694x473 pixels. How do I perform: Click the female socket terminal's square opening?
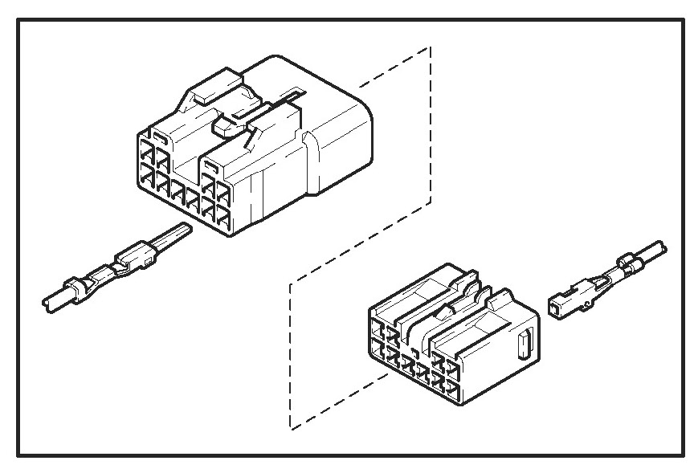(553, 306)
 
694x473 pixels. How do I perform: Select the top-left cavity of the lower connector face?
(378, 329)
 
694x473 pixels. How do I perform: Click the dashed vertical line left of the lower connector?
(290, 353)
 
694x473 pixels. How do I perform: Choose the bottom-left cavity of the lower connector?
(378, 351)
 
